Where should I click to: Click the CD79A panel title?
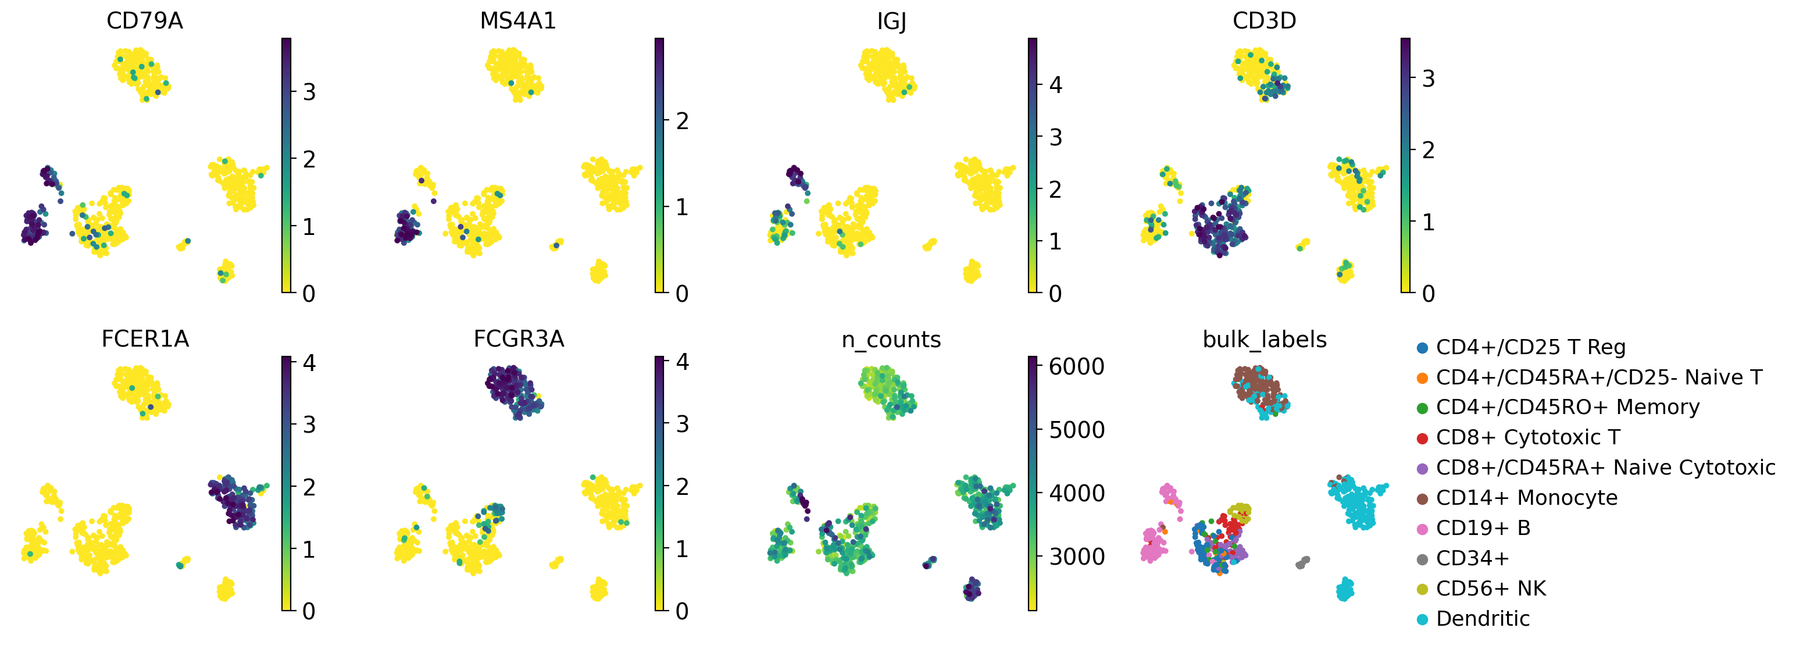coord(144,21)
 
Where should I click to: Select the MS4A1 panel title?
coord(517,21)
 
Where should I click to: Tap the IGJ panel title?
coord(891,22)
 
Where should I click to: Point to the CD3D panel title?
coord(1264,21)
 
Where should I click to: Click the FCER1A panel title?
coord(145,339)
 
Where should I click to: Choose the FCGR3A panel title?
coord(518,339)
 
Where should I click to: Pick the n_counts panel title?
coord(891,340)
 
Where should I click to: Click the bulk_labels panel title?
coord(1264,340)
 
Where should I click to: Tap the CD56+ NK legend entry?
coord(1490,589)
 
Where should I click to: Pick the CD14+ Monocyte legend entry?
coord(1526,498)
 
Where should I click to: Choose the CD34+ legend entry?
coord(1472,558)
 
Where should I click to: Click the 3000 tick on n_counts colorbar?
coord(1076,557)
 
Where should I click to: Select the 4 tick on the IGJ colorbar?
coord(1056,85)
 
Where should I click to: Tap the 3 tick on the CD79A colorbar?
coord(309,92)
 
